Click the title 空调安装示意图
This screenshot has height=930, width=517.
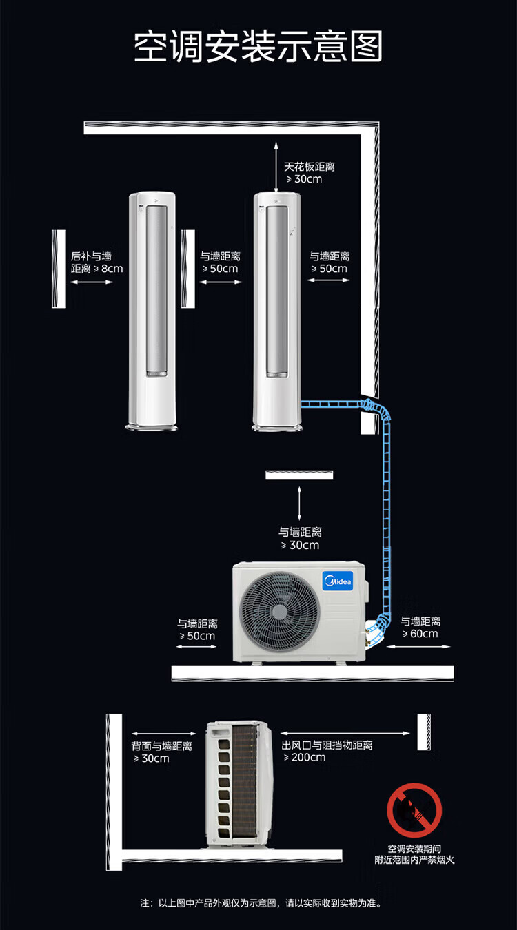coord(258,47)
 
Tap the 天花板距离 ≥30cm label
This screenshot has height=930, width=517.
coord(309,173)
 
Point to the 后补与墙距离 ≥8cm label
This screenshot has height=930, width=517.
coord(97,262)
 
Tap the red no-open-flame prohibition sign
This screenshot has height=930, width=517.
coord(414,810)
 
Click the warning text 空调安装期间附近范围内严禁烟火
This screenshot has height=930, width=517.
coord(414,854)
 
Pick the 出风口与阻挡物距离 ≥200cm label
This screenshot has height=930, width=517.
coord(327,751)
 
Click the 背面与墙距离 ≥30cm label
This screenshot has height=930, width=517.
coord(161,752)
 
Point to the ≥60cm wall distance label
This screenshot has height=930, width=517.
coord(420,627)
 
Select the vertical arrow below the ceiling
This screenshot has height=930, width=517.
coord(276,167)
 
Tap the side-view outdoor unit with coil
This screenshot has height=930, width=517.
coord(239,785)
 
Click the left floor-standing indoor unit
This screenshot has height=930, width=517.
coord(152,310)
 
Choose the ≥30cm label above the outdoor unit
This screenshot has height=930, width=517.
coord(300,538)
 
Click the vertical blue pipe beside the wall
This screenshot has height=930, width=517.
coord(386,510)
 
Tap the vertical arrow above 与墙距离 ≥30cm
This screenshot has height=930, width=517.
coord(299,503)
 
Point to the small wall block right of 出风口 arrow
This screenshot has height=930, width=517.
coord(423,732)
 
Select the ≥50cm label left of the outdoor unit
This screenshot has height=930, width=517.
coord(198,629)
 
